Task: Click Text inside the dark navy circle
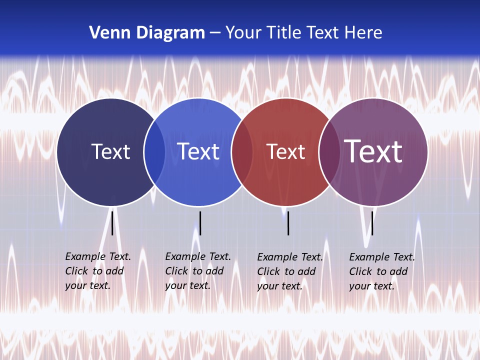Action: [110, 151]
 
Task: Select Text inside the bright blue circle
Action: [198, 151]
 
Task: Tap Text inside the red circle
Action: [285, 151]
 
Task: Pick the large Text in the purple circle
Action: [373, 151]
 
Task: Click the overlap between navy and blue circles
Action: [154, 152]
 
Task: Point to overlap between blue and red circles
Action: [241, 152]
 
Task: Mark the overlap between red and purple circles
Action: [329, 152]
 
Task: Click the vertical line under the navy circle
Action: [112, 223]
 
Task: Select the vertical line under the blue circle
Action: [200, 223]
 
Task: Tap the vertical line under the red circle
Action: [288, 223]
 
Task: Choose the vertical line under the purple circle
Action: [372, 223]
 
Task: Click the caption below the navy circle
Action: [97, 271]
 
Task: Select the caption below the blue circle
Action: [197, 271]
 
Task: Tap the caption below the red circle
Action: [289, 271]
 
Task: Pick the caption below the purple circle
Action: [381, 271]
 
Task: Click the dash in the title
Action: [215, 33]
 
